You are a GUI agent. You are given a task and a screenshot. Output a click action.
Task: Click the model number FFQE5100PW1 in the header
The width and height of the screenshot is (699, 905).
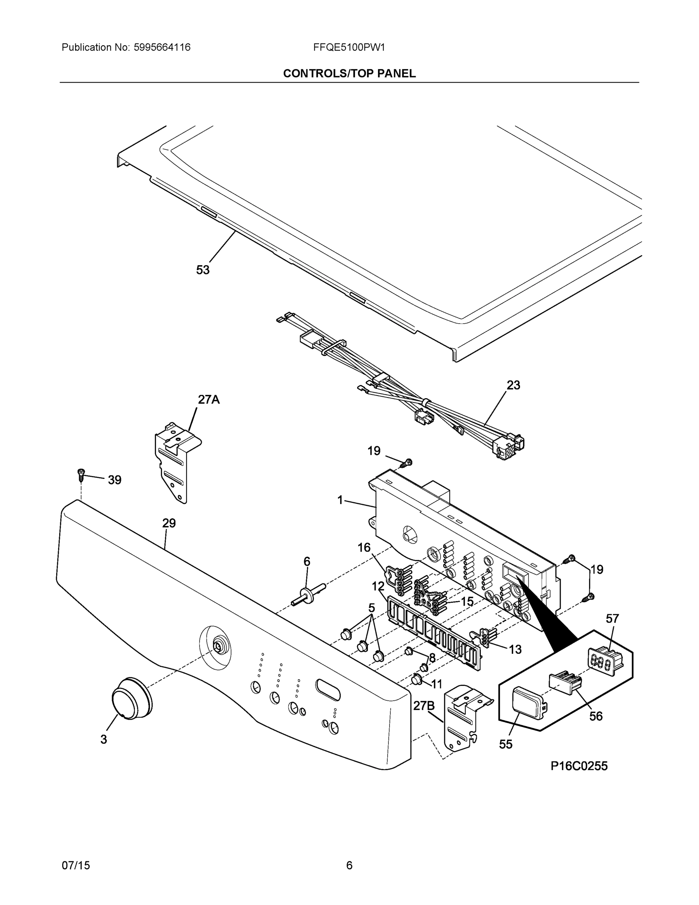[x=349, y=47]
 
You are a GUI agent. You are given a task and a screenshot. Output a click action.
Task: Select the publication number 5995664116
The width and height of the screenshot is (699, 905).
[x=162, y=47]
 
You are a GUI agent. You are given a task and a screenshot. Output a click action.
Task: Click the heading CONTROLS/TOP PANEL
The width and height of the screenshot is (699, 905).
[x=349, y=74]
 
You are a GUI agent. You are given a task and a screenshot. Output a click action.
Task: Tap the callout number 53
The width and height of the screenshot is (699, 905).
[x=203, y=270]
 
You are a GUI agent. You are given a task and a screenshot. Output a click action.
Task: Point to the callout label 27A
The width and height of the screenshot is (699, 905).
[x=209, y=399]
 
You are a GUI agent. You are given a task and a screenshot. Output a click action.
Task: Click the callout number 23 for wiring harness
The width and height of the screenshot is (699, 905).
[x=513, y=385]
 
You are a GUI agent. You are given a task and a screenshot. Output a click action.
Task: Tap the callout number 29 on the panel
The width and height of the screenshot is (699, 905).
[x=169, y=523]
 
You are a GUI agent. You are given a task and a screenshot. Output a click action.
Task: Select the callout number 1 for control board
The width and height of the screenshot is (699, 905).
[x=340, y=500]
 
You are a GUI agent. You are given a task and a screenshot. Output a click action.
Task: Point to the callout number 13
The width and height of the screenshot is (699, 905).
[x=515, y=650]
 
